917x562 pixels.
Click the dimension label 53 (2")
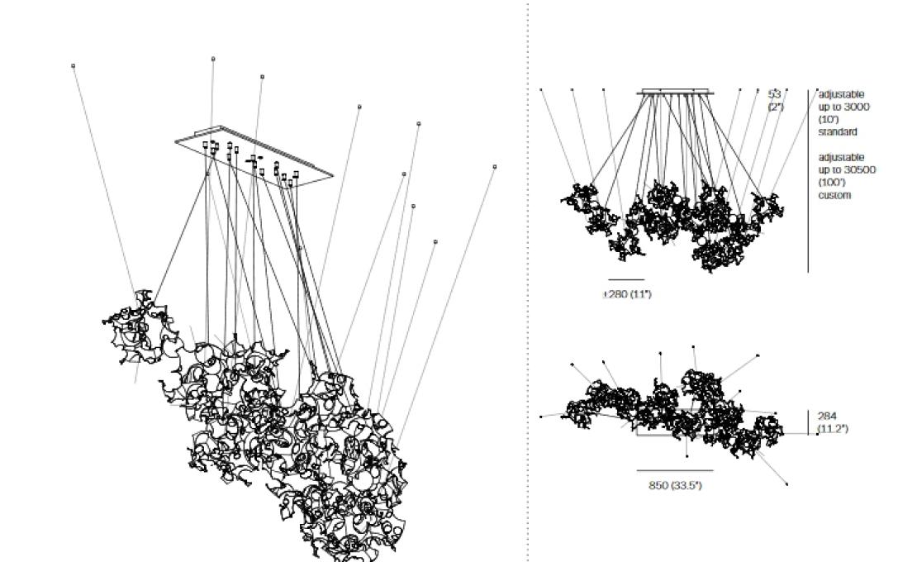[775, 100]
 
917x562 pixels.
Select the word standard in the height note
[837, 131]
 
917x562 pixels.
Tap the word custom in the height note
[834, 195]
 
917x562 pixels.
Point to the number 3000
[856, 107]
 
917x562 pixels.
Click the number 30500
[859, 170]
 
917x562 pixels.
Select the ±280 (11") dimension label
[627, 294]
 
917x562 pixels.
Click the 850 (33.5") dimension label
[675, 485]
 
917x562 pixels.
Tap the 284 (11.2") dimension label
[832, 421]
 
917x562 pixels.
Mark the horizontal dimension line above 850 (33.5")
[675, 471]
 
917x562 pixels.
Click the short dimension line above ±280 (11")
[626, 280]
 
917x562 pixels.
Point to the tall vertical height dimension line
[808, 182]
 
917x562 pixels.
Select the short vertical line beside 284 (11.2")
[808, 421]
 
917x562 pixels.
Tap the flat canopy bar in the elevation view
[674, 92]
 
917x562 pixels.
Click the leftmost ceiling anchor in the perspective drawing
[74, 65]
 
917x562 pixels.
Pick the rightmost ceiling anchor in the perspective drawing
[495, 166]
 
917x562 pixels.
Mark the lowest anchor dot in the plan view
[786, 484]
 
